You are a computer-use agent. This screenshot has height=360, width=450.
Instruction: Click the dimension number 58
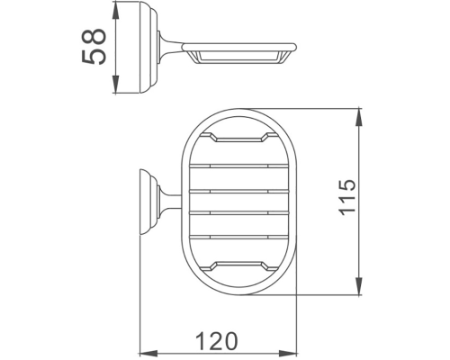point(94,45)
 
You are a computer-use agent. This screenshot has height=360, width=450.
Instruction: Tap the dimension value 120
point(217,341)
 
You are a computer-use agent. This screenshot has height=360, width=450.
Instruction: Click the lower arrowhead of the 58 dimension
point(115,90)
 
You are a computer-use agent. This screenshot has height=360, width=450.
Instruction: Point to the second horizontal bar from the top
point(238,192)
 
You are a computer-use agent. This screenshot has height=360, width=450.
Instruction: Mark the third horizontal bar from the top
point(238,214)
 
